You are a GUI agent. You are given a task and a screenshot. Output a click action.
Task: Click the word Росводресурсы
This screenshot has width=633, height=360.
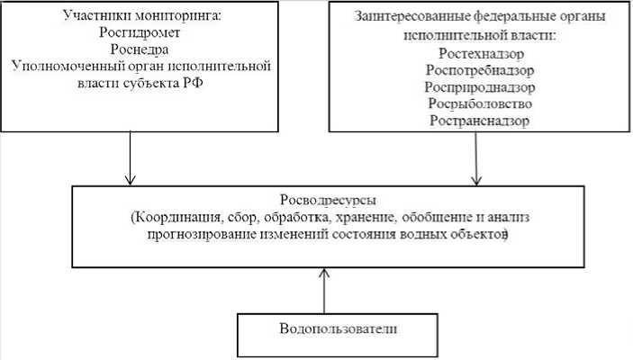pos(320,201)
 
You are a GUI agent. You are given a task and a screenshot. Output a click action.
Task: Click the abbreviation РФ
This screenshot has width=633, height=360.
pos(239,83)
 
